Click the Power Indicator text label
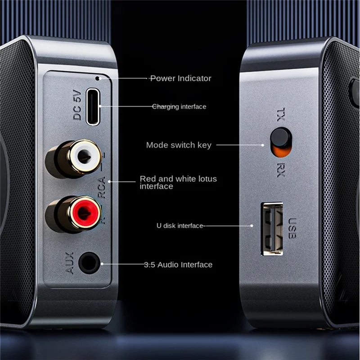pos(180,78)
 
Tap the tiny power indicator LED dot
pos(98,78)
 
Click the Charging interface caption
pos(179,107)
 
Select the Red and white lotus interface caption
pos(178,182)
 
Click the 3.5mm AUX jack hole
pos(89,262)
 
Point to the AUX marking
pos(70,263)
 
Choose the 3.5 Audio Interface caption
pos(178,265)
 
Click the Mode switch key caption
pos(179,145)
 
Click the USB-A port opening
pos(272,229)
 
